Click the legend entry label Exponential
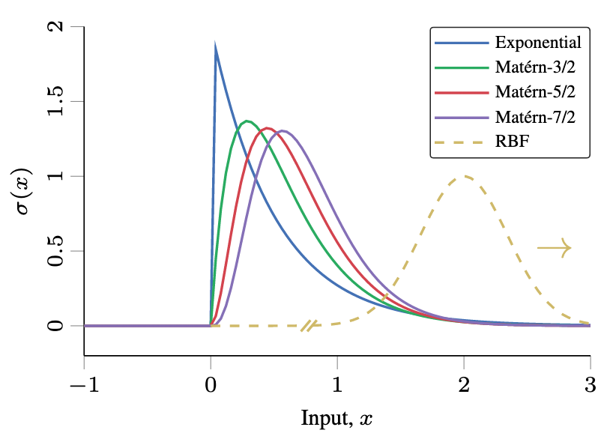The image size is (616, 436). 538,41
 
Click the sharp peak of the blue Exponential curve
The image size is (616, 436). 216,46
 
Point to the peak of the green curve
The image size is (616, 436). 247,121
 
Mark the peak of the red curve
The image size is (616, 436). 267,128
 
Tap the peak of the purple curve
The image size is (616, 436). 283,131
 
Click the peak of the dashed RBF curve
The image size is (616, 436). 464,177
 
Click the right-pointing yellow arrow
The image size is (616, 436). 555,248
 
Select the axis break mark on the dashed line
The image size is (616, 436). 309,325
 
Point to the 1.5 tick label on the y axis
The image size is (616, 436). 55,101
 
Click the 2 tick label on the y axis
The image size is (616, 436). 55,27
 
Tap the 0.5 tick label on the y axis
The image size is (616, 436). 55,251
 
